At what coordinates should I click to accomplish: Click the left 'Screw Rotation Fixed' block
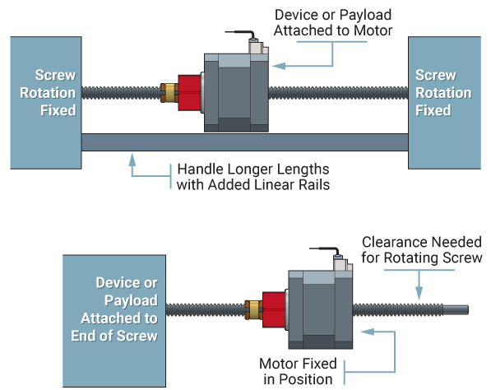45,102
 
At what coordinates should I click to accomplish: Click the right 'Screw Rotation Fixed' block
444,102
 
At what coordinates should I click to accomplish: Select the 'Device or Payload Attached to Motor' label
332,22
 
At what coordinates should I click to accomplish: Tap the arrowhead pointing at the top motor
278,63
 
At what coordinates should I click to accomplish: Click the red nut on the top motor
191,91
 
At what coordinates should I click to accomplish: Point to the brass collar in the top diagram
170,91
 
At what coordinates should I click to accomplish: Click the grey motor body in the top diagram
235,92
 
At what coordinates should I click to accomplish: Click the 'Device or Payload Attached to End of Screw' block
114,309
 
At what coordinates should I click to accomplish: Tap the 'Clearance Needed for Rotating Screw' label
421,250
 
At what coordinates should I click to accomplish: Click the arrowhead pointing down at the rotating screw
419,294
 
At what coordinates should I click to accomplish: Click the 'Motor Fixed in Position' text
296,370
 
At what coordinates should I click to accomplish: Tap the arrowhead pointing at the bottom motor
367,332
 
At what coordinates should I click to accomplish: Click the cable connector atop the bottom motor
340,261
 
